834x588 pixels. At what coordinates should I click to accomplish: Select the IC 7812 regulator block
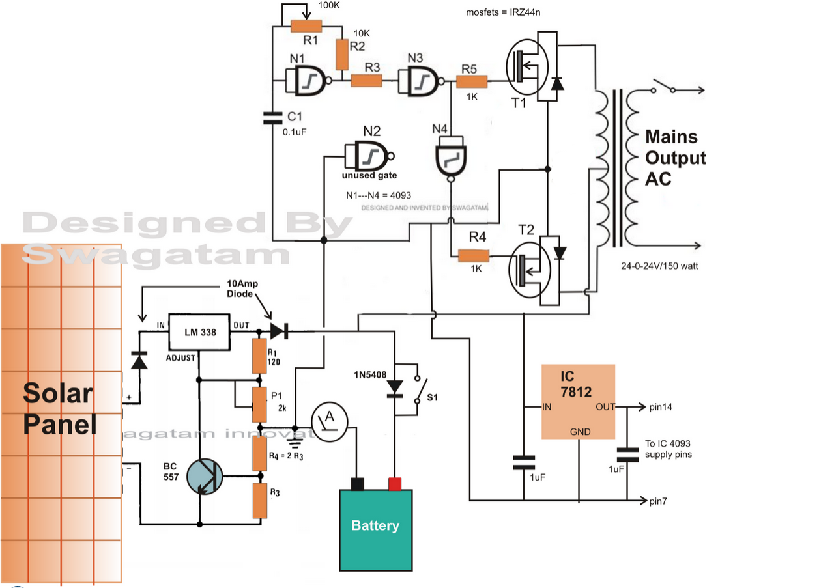click(579, 402)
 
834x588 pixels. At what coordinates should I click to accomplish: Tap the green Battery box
click(375, 529)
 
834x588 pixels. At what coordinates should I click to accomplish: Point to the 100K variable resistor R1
click(306, 26)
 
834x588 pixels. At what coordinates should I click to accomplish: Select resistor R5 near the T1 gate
click(471, 81)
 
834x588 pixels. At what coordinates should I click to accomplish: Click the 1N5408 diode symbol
click(394, 387)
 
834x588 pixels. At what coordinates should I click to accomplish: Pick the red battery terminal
click(394, 483)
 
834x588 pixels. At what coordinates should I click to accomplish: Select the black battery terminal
click(357, 483)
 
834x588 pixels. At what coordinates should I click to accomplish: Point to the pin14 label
click(661, 407)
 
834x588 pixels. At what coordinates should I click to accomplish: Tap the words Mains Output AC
click(676, 158)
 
